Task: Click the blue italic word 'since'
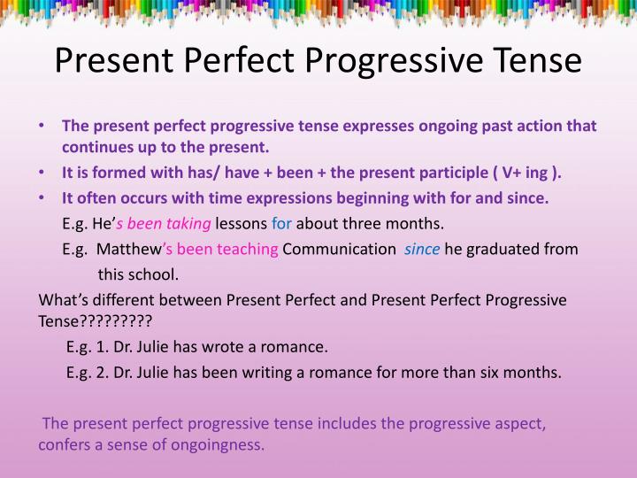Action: click(x=422, y=249)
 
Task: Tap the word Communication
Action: click(x=339, y=249)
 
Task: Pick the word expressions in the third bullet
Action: click(x=272, y=198)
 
